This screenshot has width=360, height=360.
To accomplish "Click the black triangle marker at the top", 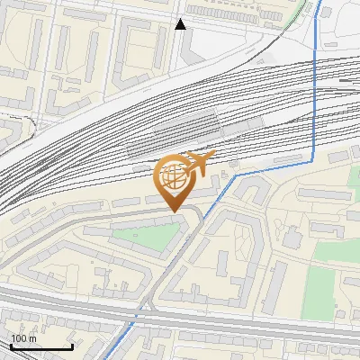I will tap(181, 24).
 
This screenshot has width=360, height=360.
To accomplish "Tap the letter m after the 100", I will tap(32, 338).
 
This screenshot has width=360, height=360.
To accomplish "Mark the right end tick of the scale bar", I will tap(72, 346).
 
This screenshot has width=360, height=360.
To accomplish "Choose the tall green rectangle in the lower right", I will tap(319, 292).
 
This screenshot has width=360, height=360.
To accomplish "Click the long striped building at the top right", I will tap(243, 15).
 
